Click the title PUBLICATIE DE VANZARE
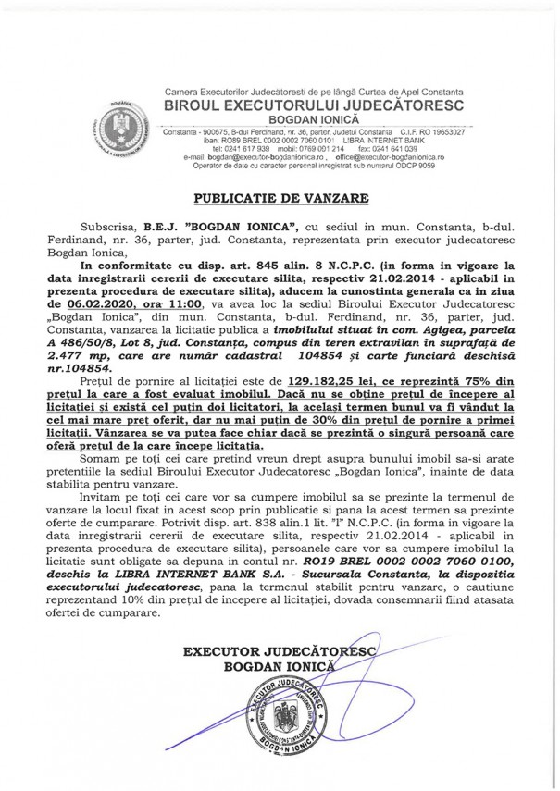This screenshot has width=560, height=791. point(280,198)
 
